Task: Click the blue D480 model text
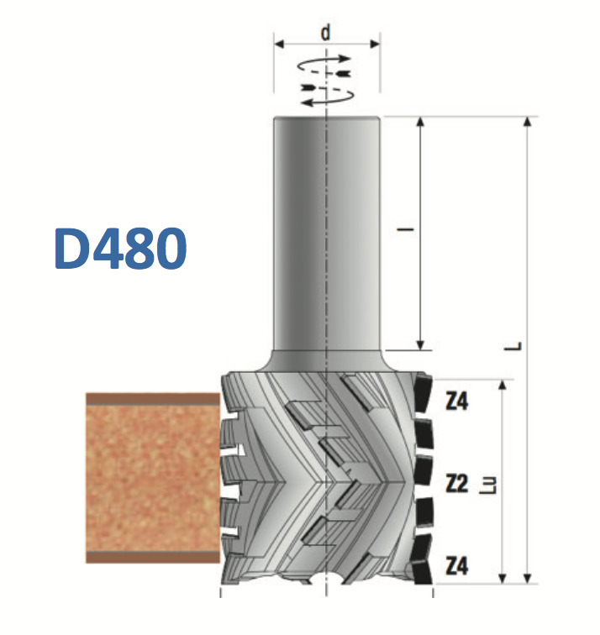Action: point(119,248)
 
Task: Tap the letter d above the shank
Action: point(326,33)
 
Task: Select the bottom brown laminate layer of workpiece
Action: point(151,556)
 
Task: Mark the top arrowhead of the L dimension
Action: point(527,123)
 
